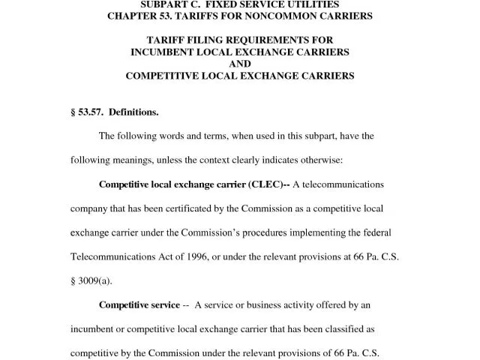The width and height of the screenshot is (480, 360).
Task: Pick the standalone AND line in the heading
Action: click(240, 64)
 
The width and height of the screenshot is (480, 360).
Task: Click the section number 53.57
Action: click(89, 112)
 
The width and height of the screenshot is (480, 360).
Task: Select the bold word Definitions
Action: click(134, 112)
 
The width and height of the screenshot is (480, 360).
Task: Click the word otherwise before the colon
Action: click(318, 160)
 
